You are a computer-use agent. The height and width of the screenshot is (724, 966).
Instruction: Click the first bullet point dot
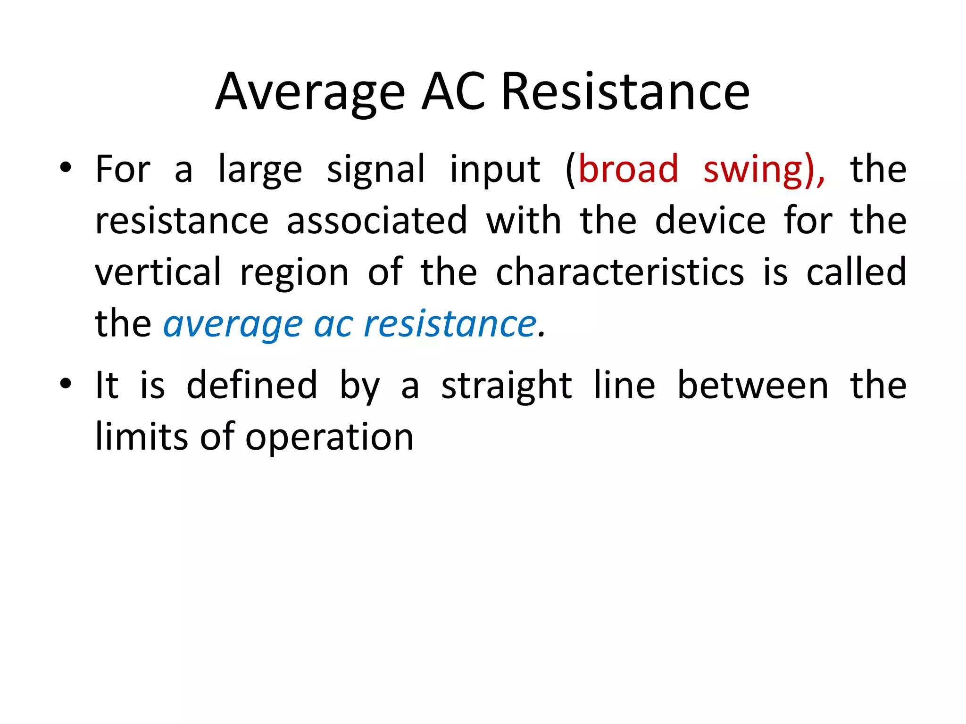[x=66, y=168]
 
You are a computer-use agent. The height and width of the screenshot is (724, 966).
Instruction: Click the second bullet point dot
[x=66, y=384]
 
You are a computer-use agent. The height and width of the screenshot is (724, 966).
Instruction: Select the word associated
[x=377, y=221]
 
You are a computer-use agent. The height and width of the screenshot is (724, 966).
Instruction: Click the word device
[x=710, y=221]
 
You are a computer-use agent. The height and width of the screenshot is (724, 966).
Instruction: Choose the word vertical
[x=158, y=272]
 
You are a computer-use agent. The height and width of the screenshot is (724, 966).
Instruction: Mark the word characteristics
[x=620, y=272]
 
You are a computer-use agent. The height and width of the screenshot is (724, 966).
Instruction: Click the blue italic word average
[x=233, y=325]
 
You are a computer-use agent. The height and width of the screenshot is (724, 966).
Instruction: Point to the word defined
[x=252, y=385]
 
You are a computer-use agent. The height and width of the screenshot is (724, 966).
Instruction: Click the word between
[x=753, y=385]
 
